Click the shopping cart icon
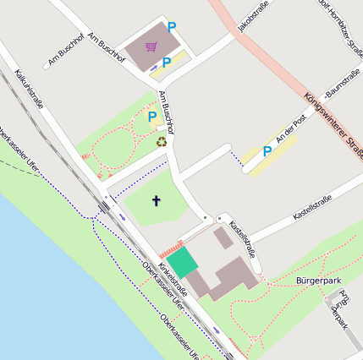151,46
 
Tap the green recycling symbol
162,141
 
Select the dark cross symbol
156,200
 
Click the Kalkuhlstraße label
29,90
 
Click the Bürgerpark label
317,279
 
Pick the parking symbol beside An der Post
267,151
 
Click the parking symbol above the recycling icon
152,117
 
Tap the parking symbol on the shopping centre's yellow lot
167,62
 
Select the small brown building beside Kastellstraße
223,237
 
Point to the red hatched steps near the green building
171,250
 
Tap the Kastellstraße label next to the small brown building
243,239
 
